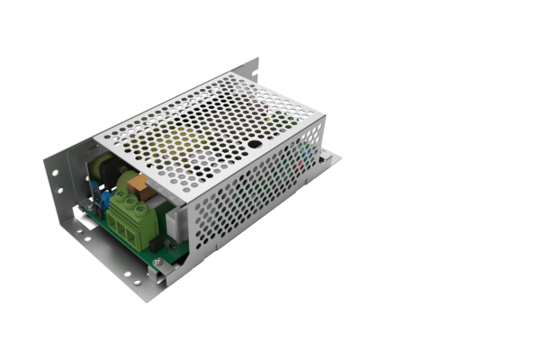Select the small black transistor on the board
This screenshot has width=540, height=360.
click(x=155, y=243)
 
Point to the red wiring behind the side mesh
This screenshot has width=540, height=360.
click(x=300, y=163)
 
